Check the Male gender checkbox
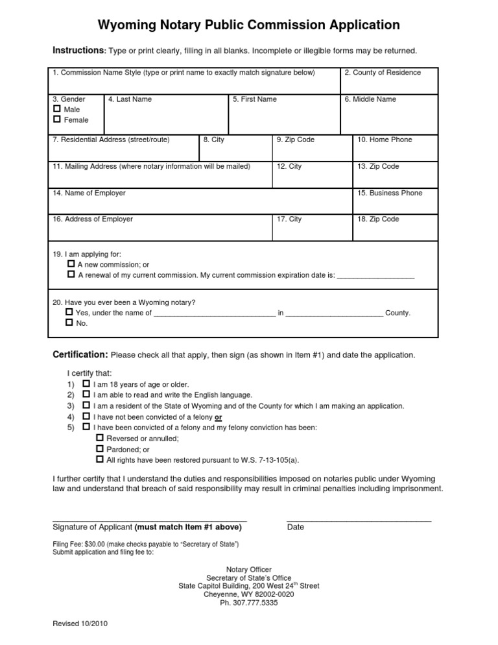tap(57, 110)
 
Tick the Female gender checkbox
tap(57, 120)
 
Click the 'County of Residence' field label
tap(382, 73)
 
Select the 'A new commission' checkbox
tap(71, 265)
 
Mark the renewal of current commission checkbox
tap(71, 275)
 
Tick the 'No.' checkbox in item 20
tap(69, 322)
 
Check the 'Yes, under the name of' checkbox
tap(69, 312)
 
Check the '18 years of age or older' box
tap(86, 384)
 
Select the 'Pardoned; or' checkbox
tap(99, 448)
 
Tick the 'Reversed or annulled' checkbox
tap(99, 438)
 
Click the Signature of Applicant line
tap(149, 520)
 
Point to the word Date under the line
tap(295, 528)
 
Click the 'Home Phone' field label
tap(385, 140)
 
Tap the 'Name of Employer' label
tap(89, 193)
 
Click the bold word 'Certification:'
tap(80, 355)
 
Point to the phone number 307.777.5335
tap(248, 602)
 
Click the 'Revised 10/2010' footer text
tap(80, 624)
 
